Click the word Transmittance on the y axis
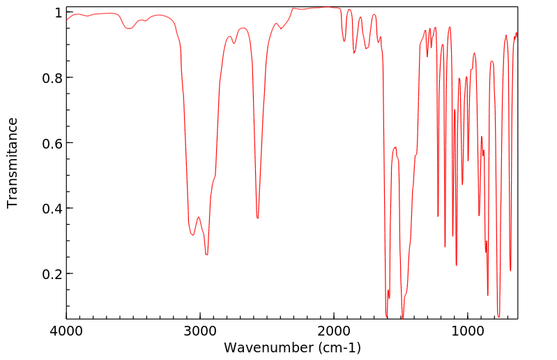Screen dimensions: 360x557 [13, 163]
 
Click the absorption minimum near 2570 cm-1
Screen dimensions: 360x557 [257, 218]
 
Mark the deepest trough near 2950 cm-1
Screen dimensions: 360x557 [206, 255]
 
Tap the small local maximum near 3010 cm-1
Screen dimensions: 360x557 [199, 217]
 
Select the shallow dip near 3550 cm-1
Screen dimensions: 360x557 [128, 29]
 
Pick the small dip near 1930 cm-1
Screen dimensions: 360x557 [344, 41]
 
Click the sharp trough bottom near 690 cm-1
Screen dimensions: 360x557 [510, 271]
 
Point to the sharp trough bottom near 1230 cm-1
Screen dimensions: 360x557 [438, 216]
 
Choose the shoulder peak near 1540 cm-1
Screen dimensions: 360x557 [395, 147]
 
